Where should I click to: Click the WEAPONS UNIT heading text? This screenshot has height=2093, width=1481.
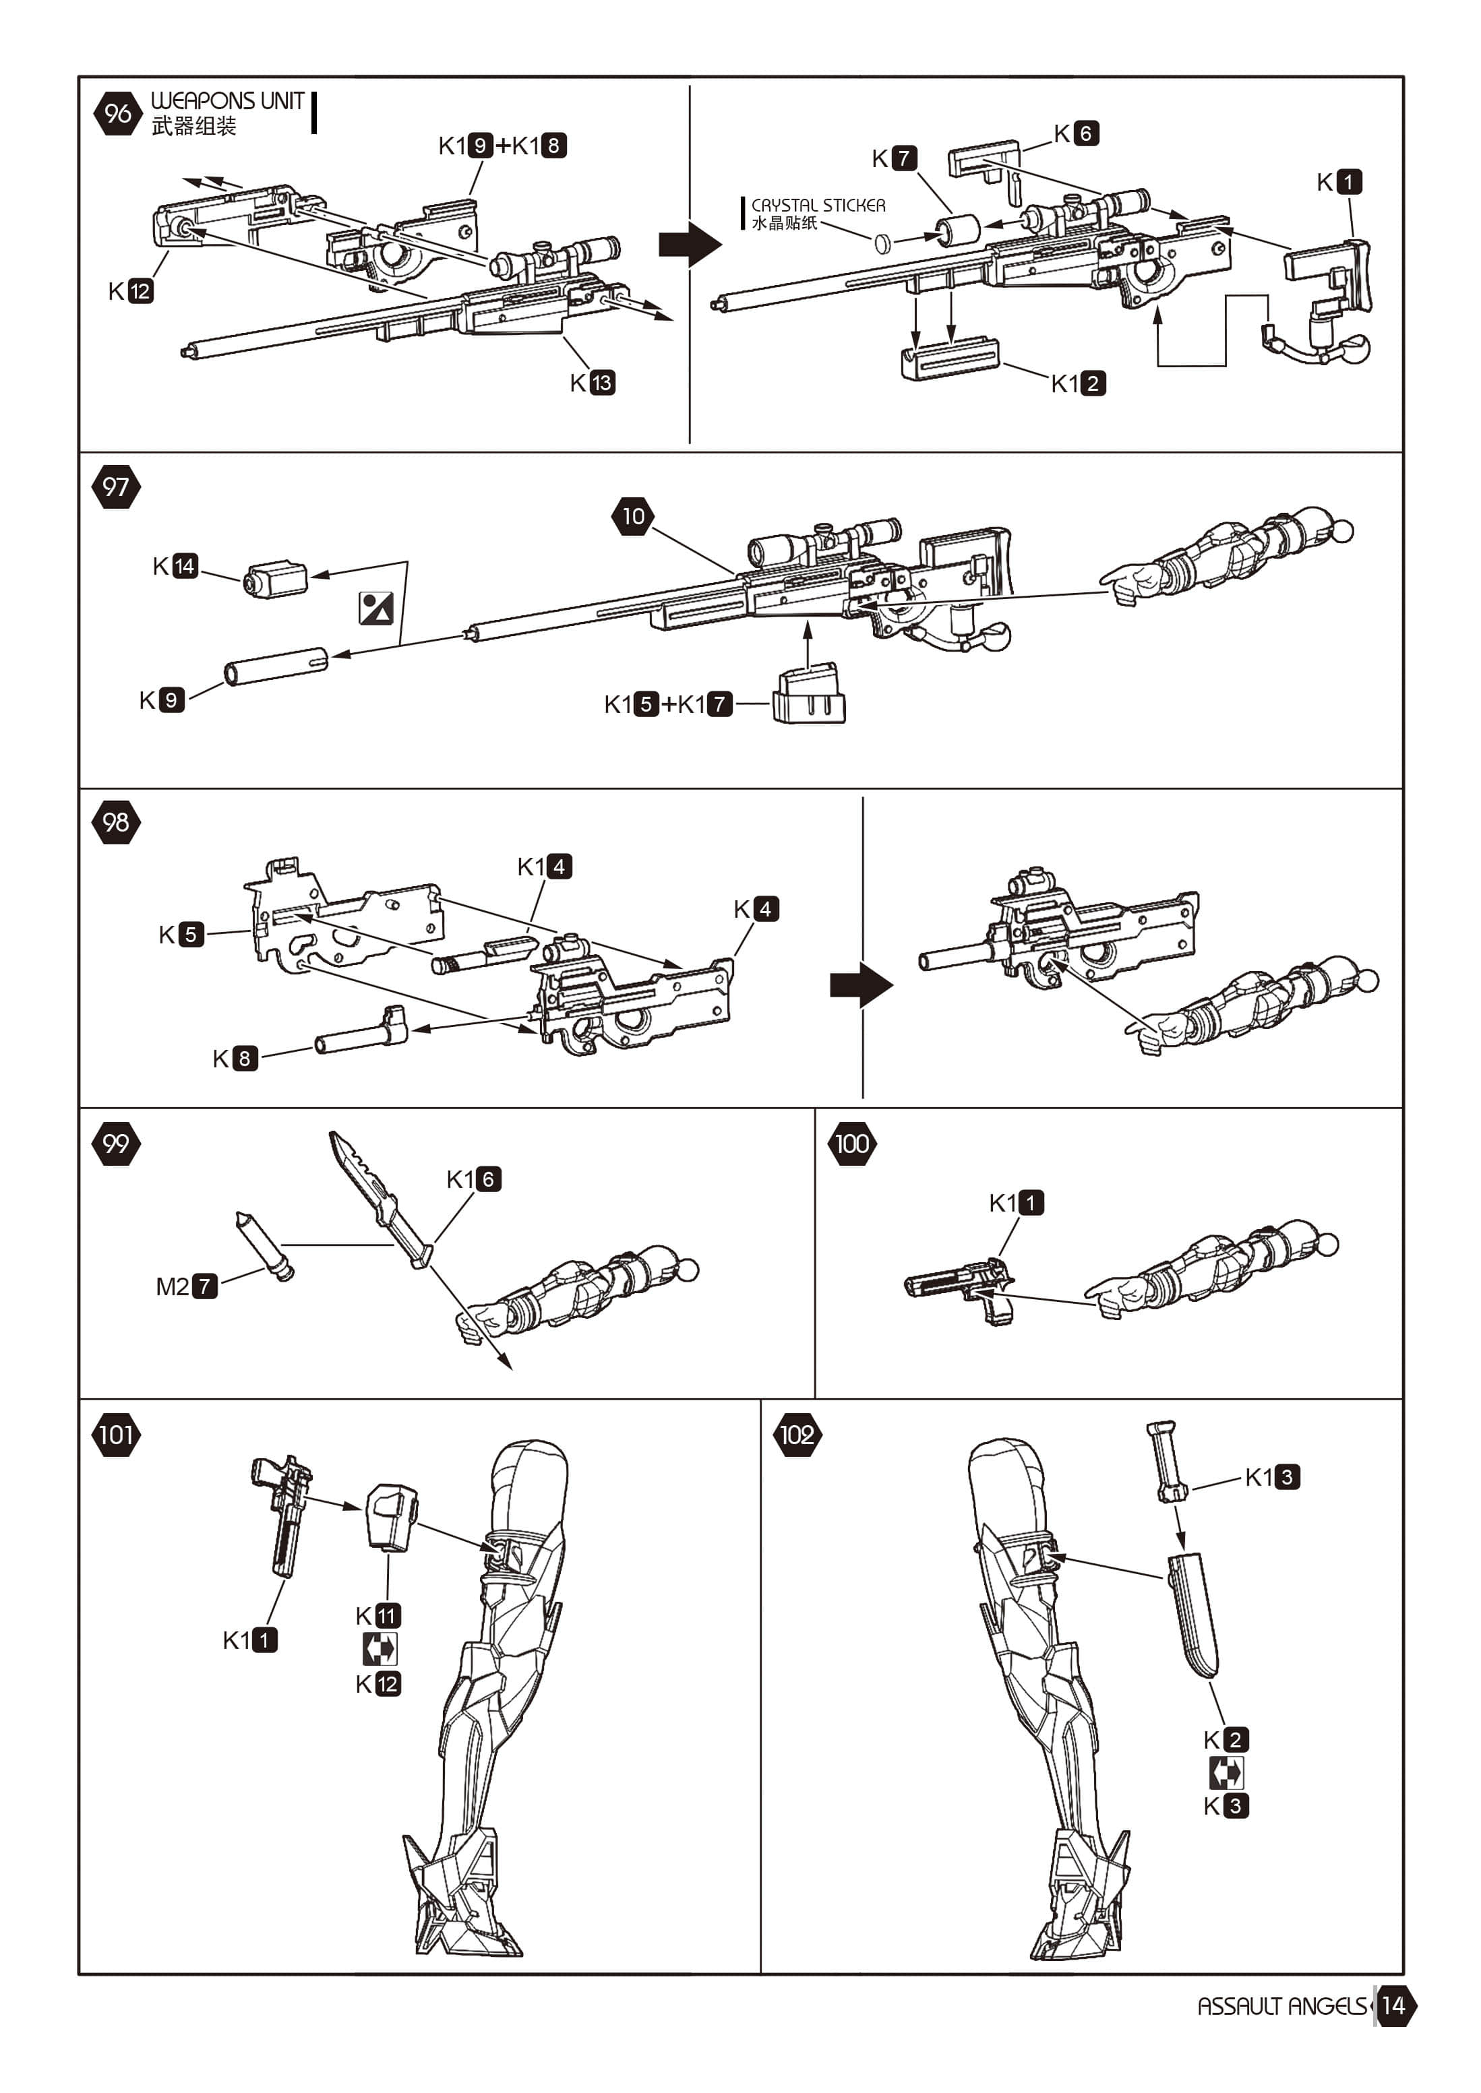click(227, 100)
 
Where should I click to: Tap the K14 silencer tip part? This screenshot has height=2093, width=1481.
click(276, 580)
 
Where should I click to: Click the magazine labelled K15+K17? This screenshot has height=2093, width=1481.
click(809, 697)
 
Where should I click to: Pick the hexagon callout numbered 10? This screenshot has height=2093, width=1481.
click(634, 517)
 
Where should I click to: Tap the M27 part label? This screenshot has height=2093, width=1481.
click(186, 1286)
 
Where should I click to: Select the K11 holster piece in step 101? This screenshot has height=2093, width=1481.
click(391, 1516)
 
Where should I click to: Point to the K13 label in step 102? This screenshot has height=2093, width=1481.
click(1272, 1477)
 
